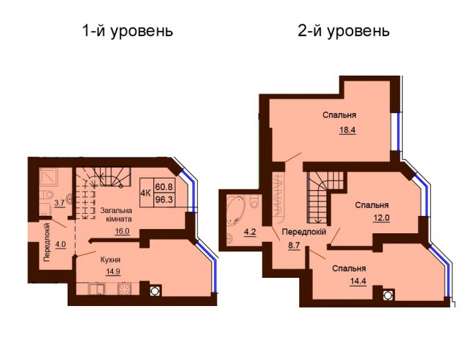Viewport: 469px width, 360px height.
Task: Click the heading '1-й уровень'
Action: pos(127,31)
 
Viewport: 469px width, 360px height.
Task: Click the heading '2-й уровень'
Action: pos(344,31)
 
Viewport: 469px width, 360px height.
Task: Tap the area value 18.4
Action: pos(347,130)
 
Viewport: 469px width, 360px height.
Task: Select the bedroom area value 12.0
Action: pos(381,217)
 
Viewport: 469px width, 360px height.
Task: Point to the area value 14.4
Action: pos(358,282)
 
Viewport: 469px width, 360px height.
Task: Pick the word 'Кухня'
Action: pos(110,260)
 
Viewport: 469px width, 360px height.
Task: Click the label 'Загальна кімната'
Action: pos(116,215)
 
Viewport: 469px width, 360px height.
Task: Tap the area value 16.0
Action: pos(122,231)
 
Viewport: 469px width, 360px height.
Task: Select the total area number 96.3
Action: pos(164,199)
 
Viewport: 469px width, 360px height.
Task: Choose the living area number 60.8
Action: pos(164,187)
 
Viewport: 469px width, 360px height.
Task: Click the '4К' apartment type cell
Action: pos(146,193)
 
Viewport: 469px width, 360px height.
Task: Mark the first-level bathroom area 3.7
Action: pos(59,203)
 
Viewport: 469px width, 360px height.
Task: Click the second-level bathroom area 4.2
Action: pos(250,232)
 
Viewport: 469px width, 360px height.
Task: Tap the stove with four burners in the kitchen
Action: pos(124,289)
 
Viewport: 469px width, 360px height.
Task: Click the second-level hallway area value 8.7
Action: pos(294,247)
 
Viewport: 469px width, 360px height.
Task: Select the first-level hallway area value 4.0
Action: pos(60,243)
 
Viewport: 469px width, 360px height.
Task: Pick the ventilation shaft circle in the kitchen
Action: pos(155,290)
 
